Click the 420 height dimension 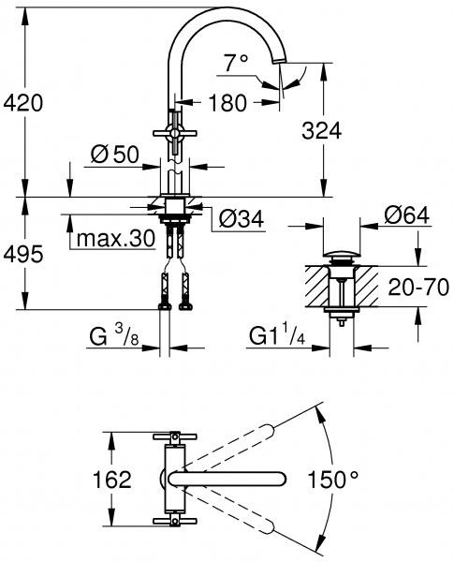click(23, 102)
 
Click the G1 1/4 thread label click(279, 333)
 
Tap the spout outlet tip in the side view click(279, 62)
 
